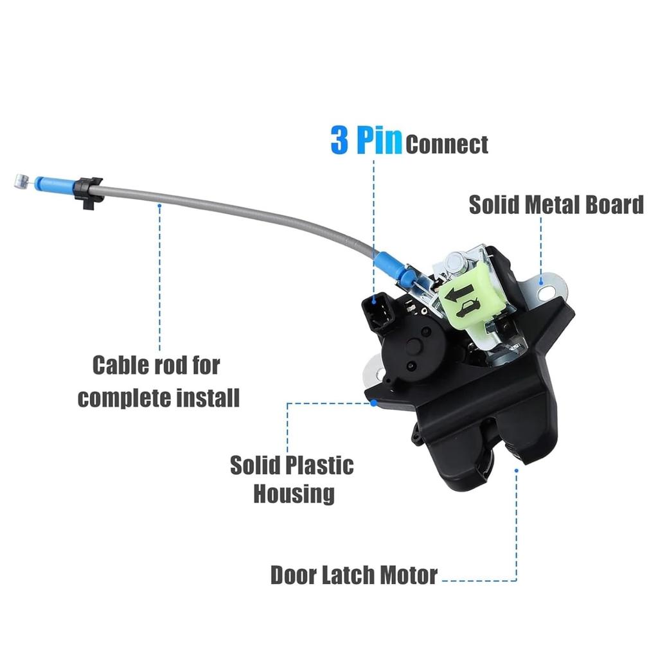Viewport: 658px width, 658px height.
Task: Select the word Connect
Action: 447,145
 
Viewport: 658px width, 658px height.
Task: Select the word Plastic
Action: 317,465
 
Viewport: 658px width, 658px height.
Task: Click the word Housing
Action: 294,493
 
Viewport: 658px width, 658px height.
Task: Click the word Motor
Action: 409,574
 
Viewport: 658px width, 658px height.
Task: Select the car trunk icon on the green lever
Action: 470,307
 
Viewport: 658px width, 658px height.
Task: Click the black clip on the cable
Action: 88,191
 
